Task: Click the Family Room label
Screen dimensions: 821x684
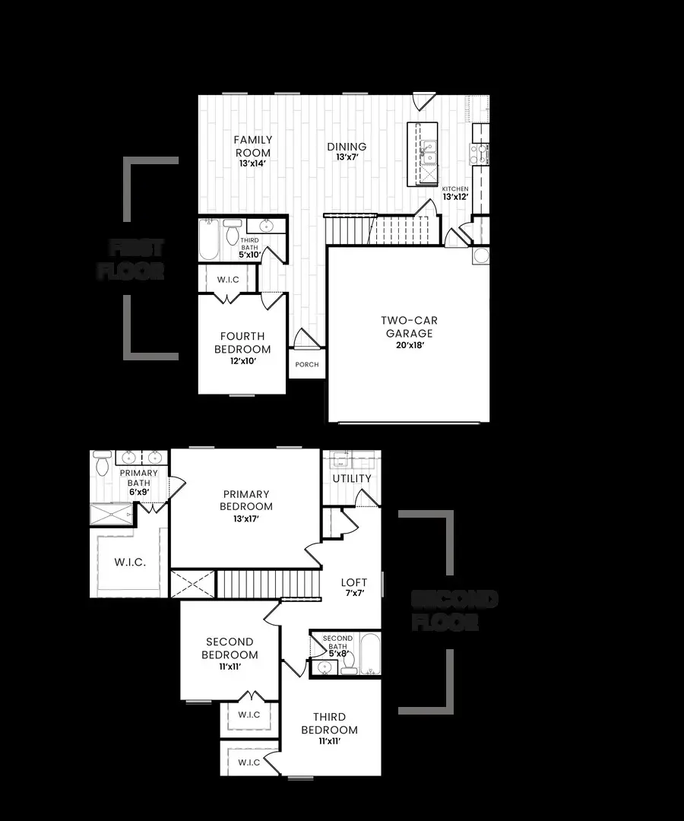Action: tap(252, 145)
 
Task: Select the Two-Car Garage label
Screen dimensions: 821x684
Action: tap(409, 327)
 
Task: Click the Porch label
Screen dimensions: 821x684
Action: tap(307, 365)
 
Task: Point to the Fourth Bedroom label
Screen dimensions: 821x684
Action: tap(242, 342)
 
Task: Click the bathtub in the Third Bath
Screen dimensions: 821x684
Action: tap(209, 239)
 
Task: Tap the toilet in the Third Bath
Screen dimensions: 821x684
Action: tap(232, 233)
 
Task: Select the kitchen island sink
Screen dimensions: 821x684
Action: tap(429, 151)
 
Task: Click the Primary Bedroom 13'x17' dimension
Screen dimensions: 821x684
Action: tap(246, 519)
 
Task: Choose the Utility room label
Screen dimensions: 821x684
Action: tap(353, 478)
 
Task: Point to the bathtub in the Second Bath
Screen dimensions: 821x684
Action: tap(369, 654)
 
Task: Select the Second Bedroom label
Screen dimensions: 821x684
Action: tap(230, 648)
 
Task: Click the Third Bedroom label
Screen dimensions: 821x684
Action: tap(329, 723)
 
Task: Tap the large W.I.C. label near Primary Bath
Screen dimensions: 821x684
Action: tap(130, 562)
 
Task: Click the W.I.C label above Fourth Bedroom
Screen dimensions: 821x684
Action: tap(228, 280)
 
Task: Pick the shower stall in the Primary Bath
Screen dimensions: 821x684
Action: tap(112, 515)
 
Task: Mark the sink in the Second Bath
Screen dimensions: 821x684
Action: tap(325, 667)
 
